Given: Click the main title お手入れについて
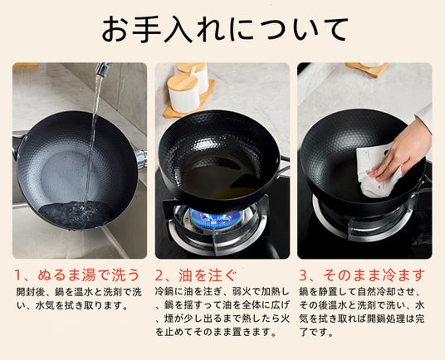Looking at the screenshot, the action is (x=224, y=30).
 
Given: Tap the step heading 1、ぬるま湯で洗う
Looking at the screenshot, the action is (x=77, y=275).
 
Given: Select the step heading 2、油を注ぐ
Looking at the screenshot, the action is (x=196, y=275).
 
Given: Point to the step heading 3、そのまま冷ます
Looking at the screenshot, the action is (x=363, y=275).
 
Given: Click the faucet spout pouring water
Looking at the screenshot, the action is (x=103, y=69).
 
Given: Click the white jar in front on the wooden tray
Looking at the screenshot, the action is (x=183, y=94).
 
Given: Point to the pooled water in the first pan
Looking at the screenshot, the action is (x=76, y=214).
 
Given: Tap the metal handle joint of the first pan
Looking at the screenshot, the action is (x=141, y=158).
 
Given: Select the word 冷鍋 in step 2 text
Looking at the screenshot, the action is (x=165, y=291).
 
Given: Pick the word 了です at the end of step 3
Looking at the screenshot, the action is (x=315, y=332).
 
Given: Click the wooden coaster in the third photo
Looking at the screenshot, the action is (x=367, y=70).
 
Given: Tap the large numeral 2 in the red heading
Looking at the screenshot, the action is (x=159, y=275).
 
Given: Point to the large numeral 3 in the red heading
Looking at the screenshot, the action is (x=303, y=275).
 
